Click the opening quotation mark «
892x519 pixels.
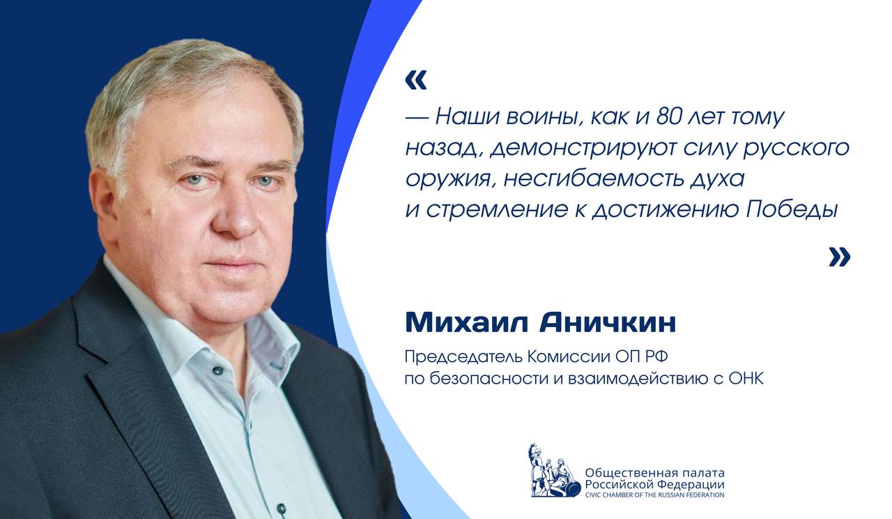coord(415,80)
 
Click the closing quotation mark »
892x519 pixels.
coord(839,257)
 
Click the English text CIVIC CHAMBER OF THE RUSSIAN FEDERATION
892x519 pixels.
coord(654,495)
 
